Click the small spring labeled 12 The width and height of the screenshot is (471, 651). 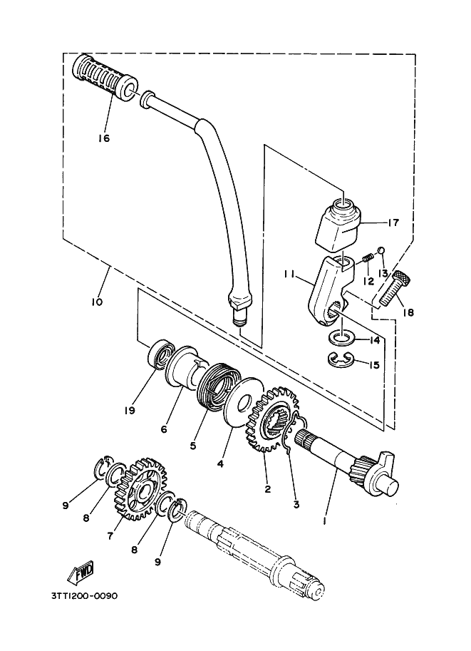click(x=367, y=259)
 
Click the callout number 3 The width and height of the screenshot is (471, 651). click(x=296, y=504)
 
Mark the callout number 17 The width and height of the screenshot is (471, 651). click(x=393, y=222)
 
